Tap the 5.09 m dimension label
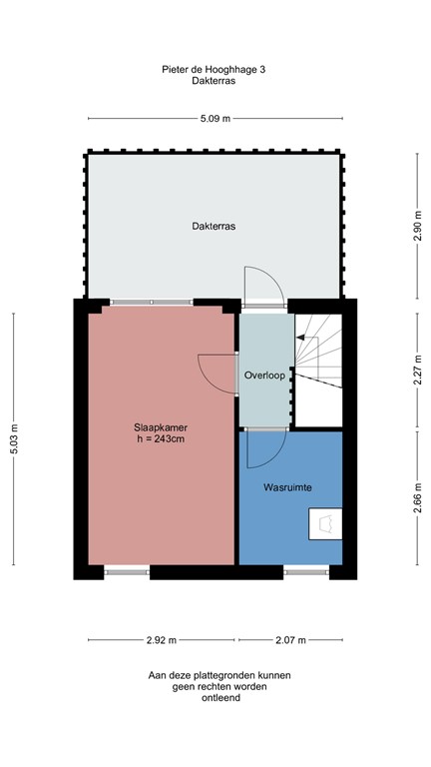point(215,118)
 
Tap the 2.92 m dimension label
point(161,640)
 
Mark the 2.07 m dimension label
point(290,640)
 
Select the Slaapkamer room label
point(161,426)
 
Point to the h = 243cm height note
point(161,438)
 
